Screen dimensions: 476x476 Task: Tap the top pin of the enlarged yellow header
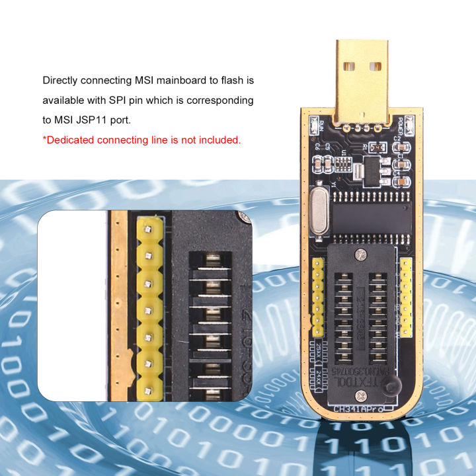[149, 229]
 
